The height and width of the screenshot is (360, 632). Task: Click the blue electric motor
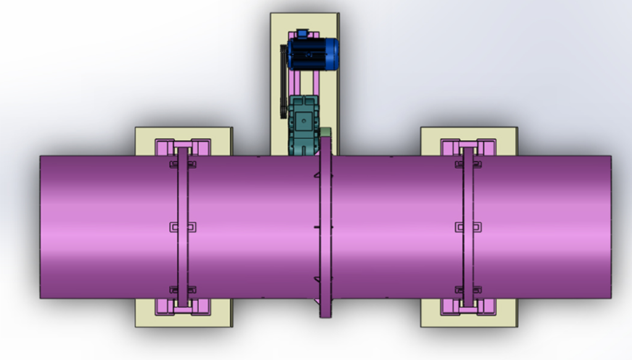click(312, 53)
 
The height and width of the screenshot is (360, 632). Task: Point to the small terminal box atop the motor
click(302, 33)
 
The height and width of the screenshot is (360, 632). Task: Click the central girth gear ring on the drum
click(325, 228)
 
